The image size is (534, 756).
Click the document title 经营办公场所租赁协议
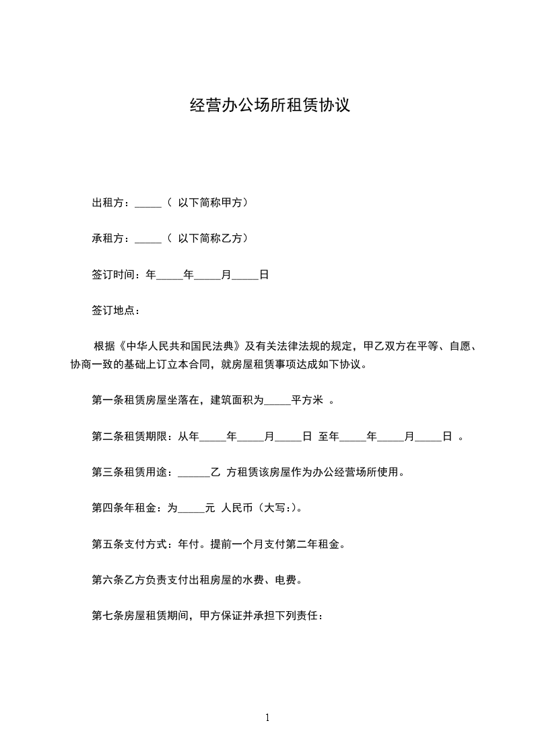[x=270, y=106]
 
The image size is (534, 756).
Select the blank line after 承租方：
[x=148, y=239]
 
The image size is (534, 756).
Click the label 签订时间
[x=115, y=274]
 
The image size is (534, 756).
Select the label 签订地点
[x=115, y=311]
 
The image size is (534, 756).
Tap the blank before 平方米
[x=277, y=401]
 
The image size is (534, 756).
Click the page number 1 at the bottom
[x=267, y=718]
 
